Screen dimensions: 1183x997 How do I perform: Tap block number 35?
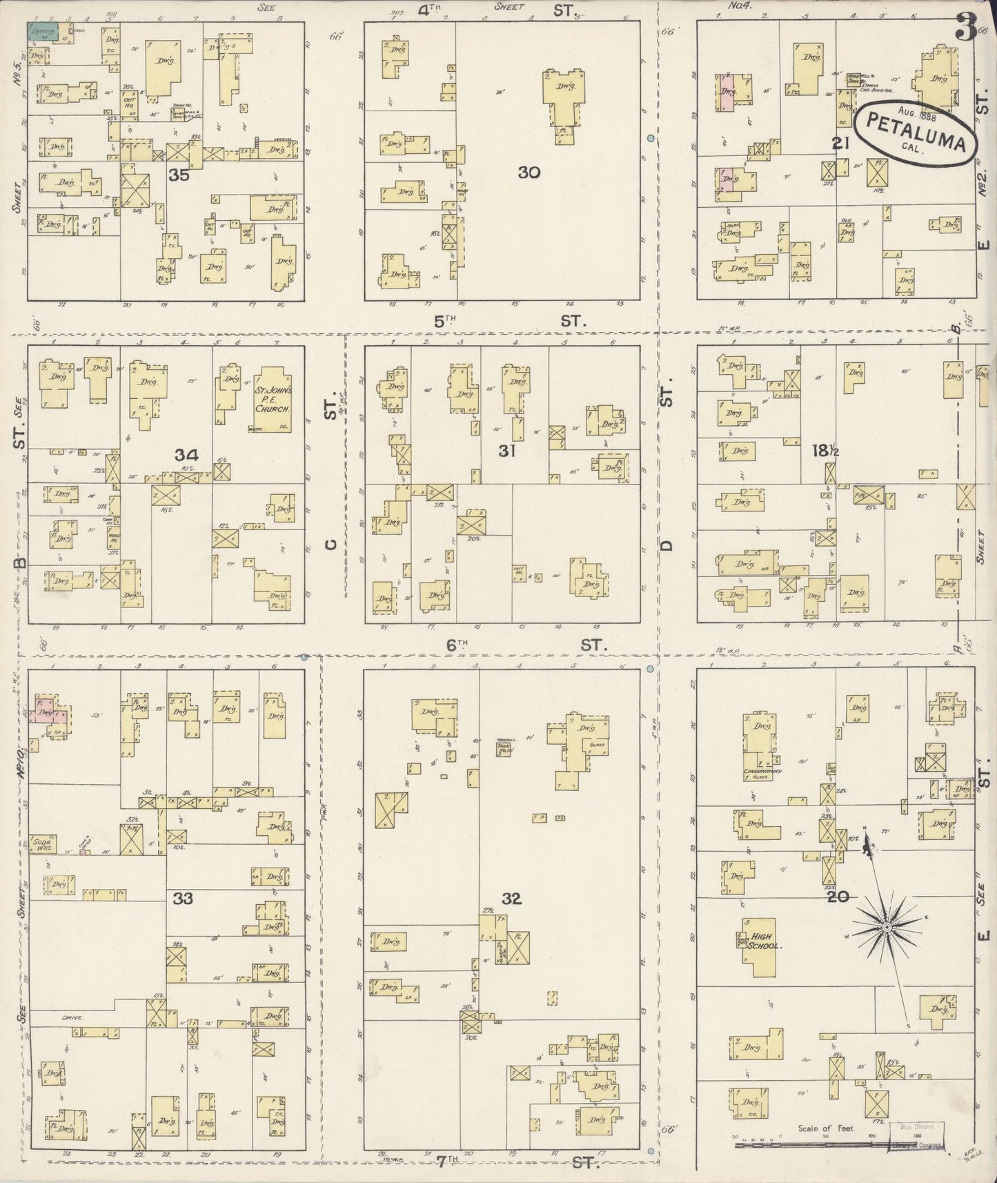point(179,175)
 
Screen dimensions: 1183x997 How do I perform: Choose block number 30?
point(529,173)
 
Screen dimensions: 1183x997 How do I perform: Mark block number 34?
point(186,455)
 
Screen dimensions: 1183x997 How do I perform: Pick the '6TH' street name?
point(456,645)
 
